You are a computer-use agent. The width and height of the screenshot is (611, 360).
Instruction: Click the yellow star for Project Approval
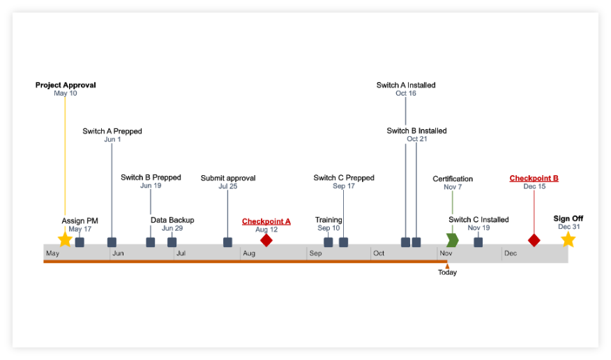[x=65, y=239]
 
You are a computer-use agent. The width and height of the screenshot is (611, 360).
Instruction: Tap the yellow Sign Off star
[x=568, y=239]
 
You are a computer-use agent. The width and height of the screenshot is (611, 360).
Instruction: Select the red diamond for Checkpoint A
[x=266, y=240]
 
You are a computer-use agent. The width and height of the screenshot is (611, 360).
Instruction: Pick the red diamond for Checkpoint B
[x=534, y=240]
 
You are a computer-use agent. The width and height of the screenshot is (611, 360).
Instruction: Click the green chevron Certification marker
[x=453, y=240]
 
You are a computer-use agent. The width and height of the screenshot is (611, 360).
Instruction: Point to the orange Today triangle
[x=447, y=266]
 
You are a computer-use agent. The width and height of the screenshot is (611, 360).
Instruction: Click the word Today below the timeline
[x=447, y=273]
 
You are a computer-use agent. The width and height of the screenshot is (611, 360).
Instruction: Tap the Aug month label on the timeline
[x=249, y=253]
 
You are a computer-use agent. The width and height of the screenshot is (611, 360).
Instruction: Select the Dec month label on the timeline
[x=511, y=253]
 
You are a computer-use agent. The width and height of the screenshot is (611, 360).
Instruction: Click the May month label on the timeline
[x=53, y=253]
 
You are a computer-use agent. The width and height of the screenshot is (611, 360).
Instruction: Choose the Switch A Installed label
[x=406, y=85]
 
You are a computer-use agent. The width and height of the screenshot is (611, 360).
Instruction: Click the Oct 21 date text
[x=417, y=139]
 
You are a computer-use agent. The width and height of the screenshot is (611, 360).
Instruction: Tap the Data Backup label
[x=172, y=220]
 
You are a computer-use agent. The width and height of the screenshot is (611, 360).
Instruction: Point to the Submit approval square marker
[x=227, y=242]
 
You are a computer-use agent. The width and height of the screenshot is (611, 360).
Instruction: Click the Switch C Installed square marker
[x=478, y=242]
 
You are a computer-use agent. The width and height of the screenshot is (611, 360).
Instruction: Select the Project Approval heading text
[x=66, y=85]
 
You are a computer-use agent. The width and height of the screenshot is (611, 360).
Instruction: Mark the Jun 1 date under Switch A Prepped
[x=112, y=140]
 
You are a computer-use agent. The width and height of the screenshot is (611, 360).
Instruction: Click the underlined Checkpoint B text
[x=534, y=179]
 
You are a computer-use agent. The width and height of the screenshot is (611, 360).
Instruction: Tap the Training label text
[x=329, y=220]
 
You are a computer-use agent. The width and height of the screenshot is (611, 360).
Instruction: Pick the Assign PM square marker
[x=80, y=242]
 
